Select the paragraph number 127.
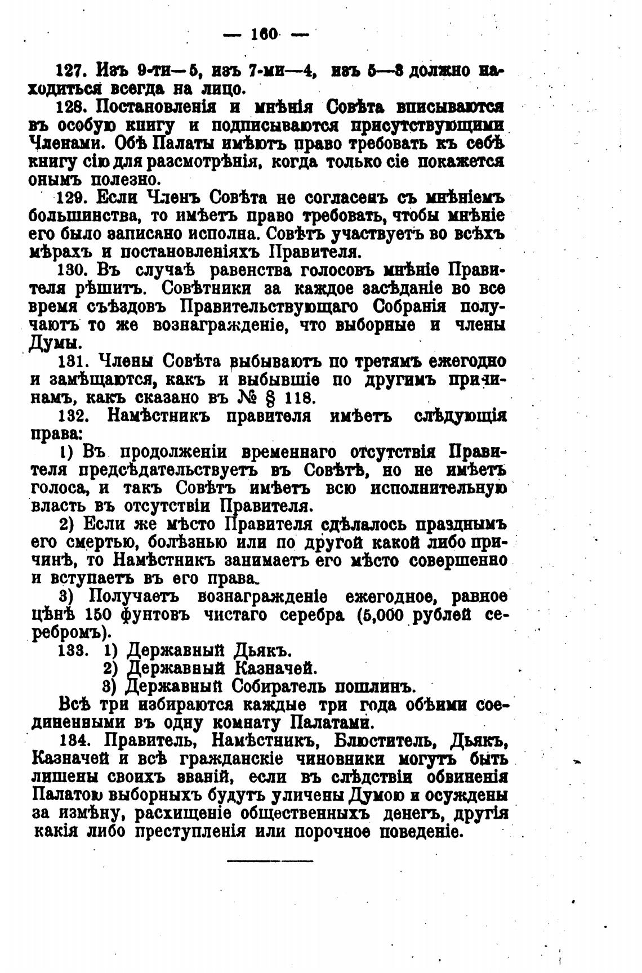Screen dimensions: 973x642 coord(71,72)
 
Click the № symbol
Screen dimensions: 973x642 coord(245,397)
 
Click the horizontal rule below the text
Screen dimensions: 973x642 coord(270,861)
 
